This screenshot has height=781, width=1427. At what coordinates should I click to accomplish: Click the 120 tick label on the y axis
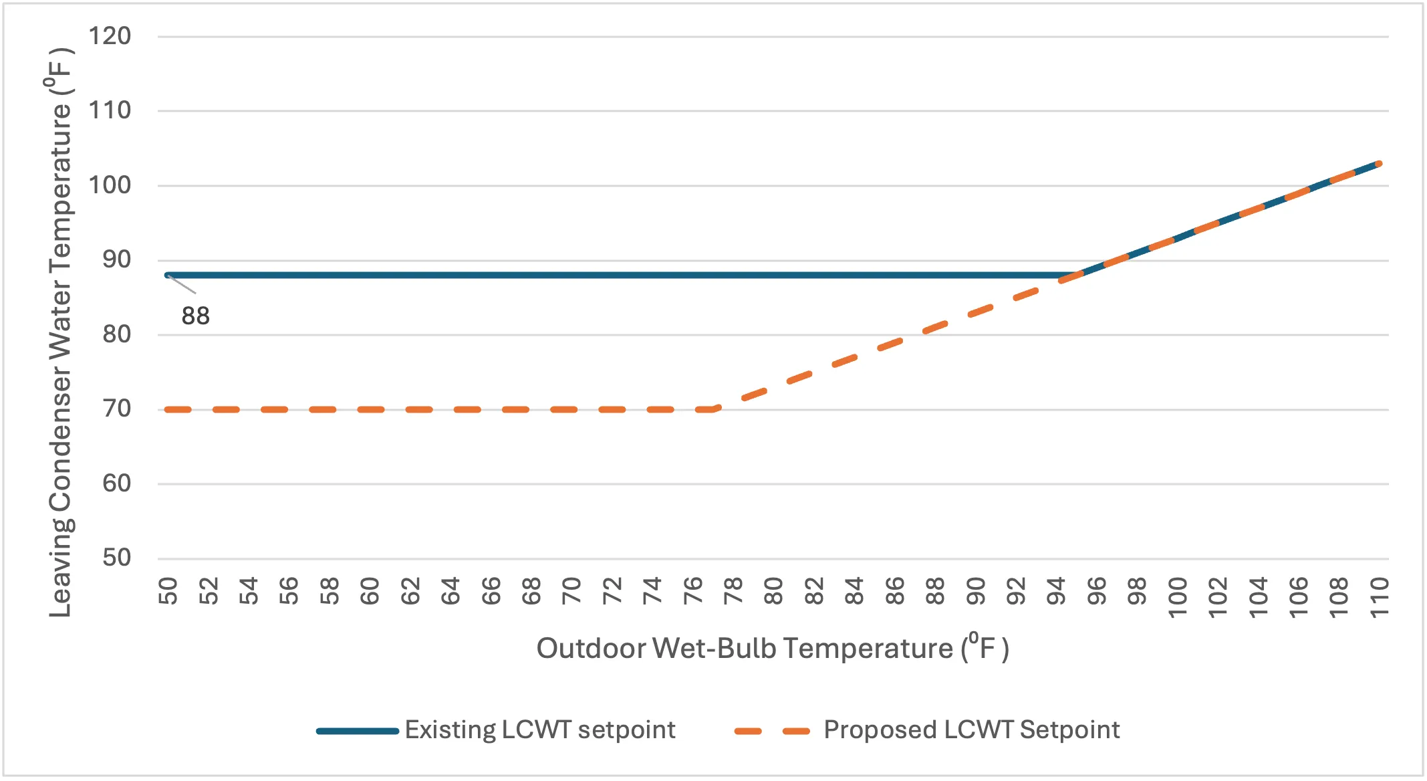tap(110, 36)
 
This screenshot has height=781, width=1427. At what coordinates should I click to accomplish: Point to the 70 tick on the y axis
tap(117, 409)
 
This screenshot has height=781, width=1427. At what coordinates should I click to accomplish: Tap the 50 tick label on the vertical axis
tap(117, 558)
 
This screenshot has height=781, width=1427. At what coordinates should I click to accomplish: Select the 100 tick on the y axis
tap(110, 185)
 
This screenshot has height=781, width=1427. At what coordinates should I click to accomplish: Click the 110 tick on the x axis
tap(1379, 597)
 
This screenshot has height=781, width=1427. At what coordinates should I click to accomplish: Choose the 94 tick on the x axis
tap(1056, 590)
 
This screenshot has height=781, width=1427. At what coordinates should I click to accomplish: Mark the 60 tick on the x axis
tap(370, 590)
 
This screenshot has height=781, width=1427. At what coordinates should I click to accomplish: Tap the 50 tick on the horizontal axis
tap(168, 590)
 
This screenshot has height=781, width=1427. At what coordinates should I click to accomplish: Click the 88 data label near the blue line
tap(195, 316)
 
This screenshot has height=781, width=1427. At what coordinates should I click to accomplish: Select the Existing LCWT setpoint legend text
tap(540, 730)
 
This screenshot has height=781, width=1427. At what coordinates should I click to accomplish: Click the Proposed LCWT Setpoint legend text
tap(971, 730)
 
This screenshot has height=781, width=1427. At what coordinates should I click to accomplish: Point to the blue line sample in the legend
tap(358, 731)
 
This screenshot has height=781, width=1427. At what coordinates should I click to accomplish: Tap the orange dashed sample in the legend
tap(772, 731)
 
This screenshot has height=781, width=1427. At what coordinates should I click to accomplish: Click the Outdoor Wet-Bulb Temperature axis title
tap(773, 648)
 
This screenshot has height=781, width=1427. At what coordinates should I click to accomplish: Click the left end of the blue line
tap(167, 275)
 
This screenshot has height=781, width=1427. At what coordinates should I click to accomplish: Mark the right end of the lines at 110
tap(1379, 163)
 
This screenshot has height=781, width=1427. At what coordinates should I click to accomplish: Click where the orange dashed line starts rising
tap(715, 409)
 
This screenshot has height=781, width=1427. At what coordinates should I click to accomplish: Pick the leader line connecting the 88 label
tap(182, 284)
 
